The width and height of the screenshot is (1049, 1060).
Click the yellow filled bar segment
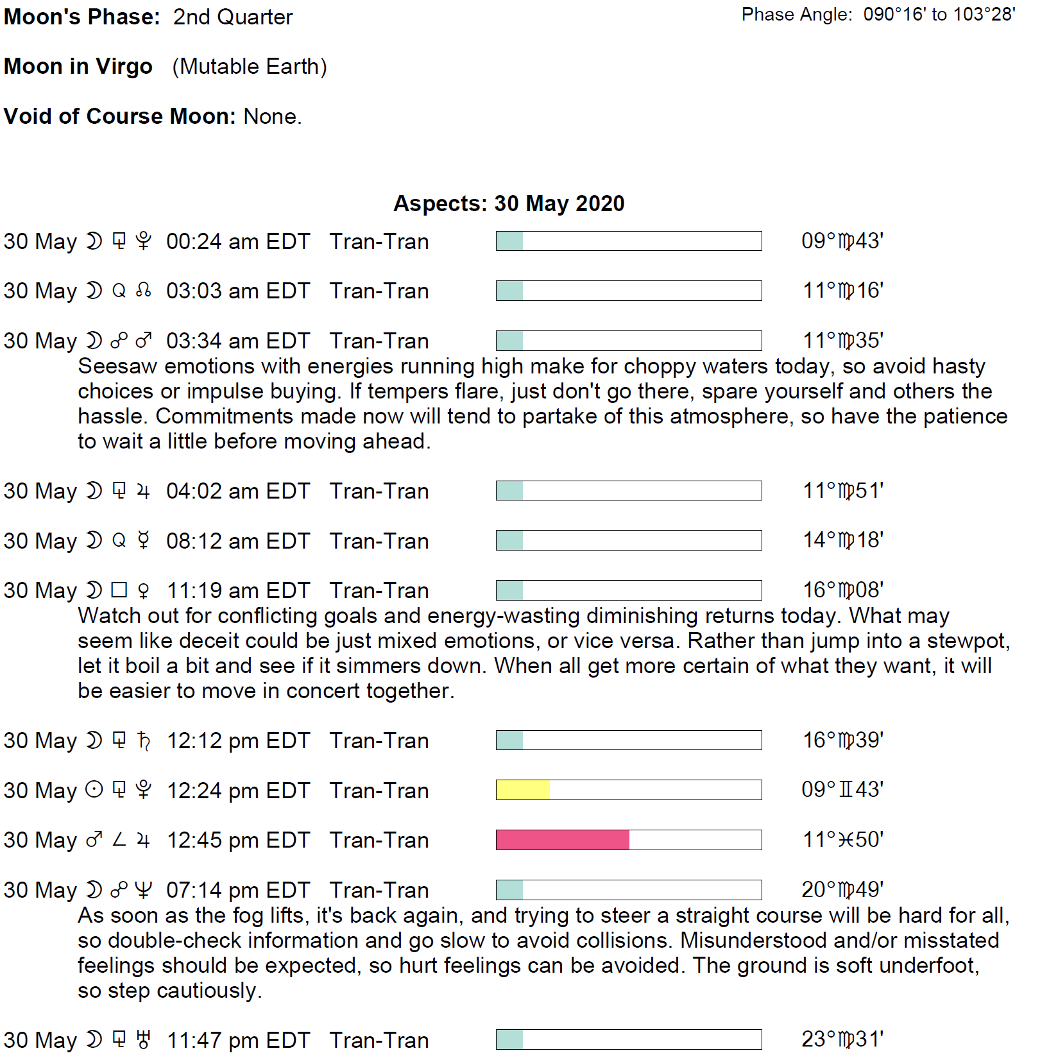pyautogui.click(x=523, y=790)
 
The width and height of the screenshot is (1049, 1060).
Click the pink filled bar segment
pyautogui.click(x=563, y=840)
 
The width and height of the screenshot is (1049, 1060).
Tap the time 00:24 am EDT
pyautogui.click(x=238, y=242)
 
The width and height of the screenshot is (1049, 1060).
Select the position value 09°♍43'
pyautogui.click(x=842, y=241)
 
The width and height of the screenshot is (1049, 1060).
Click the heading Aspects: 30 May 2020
pyautogui.click(x=509, y=203)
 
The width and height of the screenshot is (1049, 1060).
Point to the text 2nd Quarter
pyautogui.click(x=232, y=17)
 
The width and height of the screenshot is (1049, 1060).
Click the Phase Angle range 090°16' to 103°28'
pyautogui.click(x=939, y=15)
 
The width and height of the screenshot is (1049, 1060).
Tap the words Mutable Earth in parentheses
pyautogui.click(x=250, y=67)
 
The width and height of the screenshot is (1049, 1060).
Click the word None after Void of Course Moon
pyautogui.click(x=271, y=117)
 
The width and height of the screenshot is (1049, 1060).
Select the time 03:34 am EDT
pyautogui.click(x=238, y=341)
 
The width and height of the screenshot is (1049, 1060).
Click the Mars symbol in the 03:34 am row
pyautogui.click(x=144, y=340)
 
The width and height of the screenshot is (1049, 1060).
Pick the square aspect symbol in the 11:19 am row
pyautogui.click(x=119, y=590)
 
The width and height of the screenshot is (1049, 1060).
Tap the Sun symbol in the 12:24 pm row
pyautogui.click(x=94, y=790)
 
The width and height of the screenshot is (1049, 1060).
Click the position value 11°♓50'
pyautogui.click(x=842, y=840)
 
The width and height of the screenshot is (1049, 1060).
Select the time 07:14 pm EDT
pyautogui.click(x=238, y=891)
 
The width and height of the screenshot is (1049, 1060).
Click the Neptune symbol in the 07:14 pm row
pyautogui.click(x=144, y=890)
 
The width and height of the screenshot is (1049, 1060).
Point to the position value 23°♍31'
pyautogui.click(x=842, y=1039)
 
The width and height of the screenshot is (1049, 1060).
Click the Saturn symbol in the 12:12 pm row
pyautogui.click(x=144, y=740)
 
